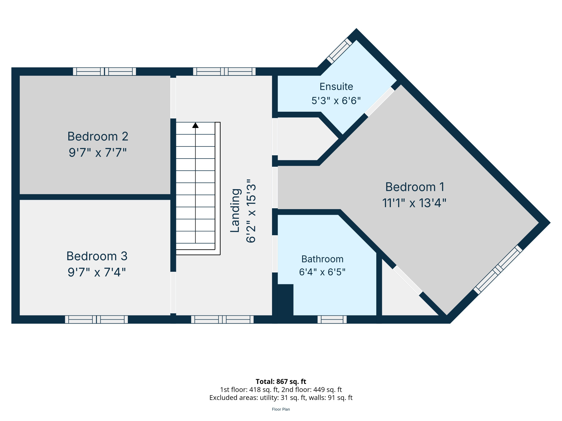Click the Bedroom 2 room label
(x=98, y=137)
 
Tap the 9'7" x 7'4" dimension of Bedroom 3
(x=97, y=272)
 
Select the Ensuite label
(x=336, y=87)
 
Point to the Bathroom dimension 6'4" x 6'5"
(x=322, y=272)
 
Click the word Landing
(x=235, y=210)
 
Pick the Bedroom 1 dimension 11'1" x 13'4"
(x=414, y=203)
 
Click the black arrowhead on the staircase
(x=195, y=125)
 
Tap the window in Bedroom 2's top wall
(x=105, y=72)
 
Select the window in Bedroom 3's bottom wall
(x=96, y=319)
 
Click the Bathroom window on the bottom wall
(x=332, y=319)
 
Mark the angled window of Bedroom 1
(x=498, y=270)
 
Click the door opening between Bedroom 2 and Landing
(x=173, y=98)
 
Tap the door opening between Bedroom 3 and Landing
(x=173, y=292)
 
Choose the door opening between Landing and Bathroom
(x=275, y=254)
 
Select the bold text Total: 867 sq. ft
(x=281, y=381)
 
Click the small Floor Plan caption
(x=281, y=409)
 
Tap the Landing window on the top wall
(x=224, y=72)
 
